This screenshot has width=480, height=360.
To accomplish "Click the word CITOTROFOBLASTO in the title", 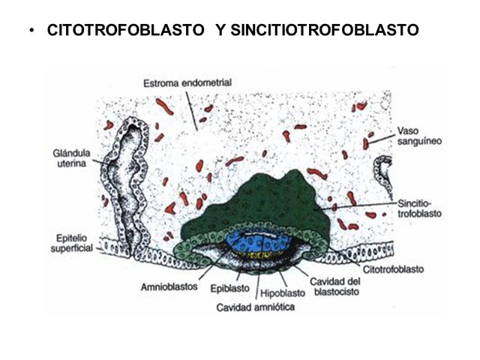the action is click(x=127, y=31).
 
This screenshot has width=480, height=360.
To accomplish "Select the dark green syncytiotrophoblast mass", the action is click(x=262, y=199).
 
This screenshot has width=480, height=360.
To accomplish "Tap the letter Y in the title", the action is click(x=220, y=31).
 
